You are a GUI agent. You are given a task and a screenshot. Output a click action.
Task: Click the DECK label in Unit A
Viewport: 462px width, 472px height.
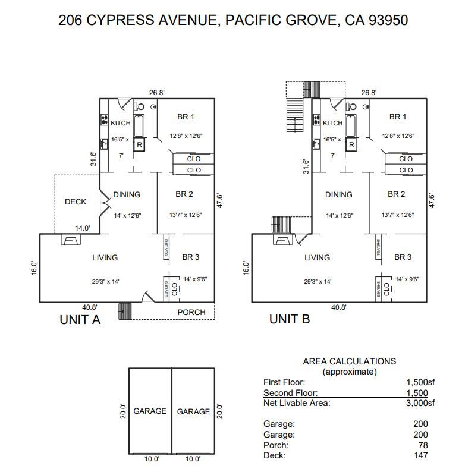(76, 202)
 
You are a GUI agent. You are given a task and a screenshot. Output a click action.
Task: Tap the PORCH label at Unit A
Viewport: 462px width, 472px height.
(191, 312)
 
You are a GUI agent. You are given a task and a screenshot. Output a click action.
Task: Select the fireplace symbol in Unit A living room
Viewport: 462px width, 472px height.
(70, 240)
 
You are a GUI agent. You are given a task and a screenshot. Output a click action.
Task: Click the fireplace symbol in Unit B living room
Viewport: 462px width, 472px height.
(282, 240)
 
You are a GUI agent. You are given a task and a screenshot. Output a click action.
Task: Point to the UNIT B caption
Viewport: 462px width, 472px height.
(290, 319)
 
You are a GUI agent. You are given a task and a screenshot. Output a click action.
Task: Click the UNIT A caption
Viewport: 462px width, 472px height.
(80, 319)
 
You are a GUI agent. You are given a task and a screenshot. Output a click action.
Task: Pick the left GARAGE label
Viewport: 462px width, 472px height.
(150, 411)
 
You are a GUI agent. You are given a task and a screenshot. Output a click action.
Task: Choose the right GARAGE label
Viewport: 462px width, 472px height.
(193, 411)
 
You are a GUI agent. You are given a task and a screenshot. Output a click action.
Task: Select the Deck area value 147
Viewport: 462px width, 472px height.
(420, 455)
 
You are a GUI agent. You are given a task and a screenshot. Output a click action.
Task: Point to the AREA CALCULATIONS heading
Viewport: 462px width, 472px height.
(349, 361)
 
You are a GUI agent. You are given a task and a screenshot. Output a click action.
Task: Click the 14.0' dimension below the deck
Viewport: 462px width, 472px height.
(83, 228)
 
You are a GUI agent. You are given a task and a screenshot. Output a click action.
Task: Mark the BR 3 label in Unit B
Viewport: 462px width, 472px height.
(403, 257)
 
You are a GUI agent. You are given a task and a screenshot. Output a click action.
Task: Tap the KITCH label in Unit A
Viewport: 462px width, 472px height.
(121, 123)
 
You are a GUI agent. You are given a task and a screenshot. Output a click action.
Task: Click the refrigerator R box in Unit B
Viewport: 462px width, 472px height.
(351, 144)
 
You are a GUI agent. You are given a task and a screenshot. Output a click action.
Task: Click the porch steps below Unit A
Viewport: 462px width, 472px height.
(124, 311)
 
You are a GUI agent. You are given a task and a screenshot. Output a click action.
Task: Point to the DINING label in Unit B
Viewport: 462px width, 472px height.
(338, 194)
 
